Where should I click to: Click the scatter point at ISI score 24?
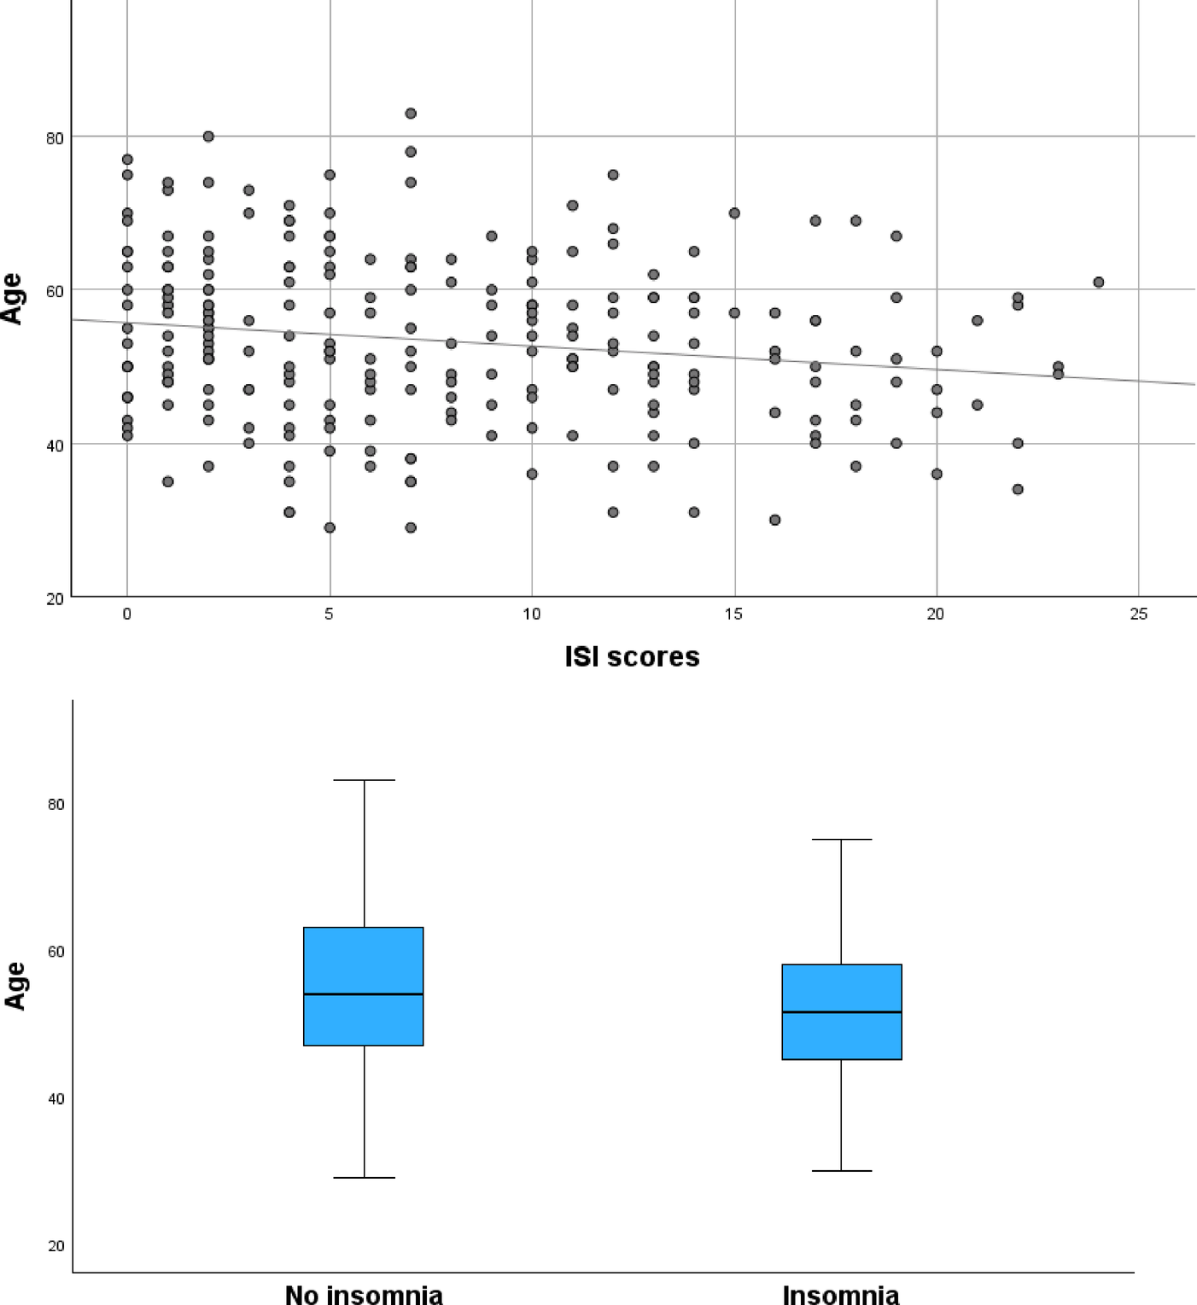1098,283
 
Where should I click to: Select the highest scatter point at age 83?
411,114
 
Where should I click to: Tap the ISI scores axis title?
632,656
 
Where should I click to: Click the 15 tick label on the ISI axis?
733,614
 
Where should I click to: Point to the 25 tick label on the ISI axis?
1138,614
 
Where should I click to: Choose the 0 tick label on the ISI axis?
127,614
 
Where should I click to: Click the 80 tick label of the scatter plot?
55,138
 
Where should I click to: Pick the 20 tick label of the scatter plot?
55,599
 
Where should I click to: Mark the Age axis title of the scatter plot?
12,299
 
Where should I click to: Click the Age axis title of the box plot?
15,986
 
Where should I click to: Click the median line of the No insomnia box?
364,994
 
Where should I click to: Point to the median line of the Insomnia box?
842,1012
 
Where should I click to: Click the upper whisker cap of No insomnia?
365,780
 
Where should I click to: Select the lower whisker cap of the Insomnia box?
842,1171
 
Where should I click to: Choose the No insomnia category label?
364,1295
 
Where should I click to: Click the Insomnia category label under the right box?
841,1295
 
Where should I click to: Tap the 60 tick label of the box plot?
56,952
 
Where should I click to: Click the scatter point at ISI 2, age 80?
208,137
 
